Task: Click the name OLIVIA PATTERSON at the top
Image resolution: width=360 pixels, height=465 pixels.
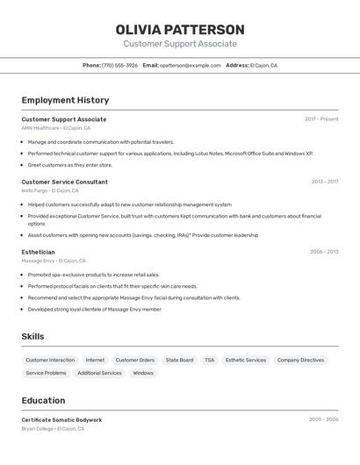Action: [180, 30]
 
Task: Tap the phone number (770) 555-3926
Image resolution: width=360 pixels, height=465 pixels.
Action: [119, 65]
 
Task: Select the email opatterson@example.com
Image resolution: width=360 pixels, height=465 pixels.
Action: [190, 65]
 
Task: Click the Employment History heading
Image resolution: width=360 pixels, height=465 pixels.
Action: [65, 100]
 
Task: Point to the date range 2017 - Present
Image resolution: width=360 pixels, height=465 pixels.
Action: [321, 119]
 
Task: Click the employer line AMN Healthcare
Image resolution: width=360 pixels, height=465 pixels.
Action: [55, 128]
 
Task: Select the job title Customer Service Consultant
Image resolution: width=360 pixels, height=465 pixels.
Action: [64, 182]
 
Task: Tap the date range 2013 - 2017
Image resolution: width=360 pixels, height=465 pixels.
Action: [324, 182]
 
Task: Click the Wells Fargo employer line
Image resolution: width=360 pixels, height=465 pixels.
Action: [50, 190]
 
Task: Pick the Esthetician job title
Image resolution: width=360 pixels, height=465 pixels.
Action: [38, 252]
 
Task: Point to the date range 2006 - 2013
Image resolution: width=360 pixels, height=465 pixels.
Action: [324, 252]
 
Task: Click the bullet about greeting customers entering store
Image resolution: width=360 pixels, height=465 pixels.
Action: [70, 165]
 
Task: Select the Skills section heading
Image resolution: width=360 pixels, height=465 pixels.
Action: [32, 336]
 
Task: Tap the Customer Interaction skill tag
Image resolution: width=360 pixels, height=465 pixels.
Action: [50, 360]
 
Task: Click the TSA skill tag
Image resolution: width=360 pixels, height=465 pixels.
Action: [209, 360]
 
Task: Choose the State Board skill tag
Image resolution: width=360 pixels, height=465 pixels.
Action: [179, 360]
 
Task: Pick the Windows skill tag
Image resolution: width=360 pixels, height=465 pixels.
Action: [142, 373]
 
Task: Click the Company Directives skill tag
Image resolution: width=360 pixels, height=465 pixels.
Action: [300, 360]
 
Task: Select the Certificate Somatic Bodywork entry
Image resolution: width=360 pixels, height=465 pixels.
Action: [61, 419]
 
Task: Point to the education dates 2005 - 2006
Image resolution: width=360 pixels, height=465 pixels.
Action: [323, 419]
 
